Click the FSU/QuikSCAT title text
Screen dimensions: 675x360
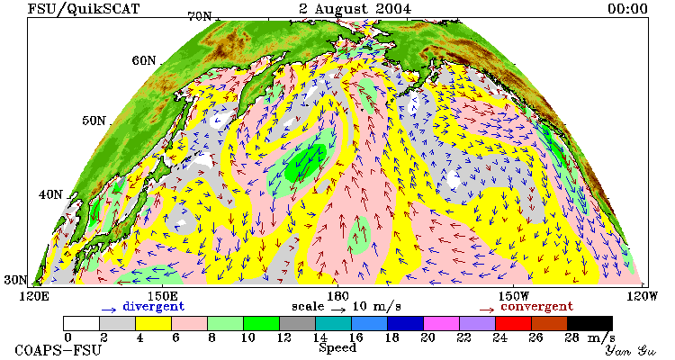coord(84,9)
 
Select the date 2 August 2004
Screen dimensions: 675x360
coord(355,9)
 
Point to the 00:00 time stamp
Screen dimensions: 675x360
coord(627,9)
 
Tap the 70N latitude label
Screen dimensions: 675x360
coord(200,16)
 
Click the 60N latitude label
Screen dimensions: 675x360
coord(144,60)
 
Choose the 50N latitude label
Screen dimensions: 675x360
coord(94,120)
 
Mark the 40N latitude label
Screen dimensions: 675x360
coord(50,194)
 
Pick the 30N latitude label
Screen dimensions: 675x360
coord(16,280)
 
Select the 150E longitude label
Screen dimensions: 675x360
coord(162,296)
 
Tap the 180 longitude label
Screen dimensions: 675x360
coord(337,296)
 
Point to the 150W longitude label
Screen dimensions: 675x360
coord(513,296)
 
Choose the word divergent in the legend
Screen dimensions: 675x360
coord(154,307)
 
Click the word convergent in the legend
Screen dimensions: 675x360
coord(536,307)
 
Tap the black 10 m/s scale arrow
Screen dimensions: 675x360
coord(337,310)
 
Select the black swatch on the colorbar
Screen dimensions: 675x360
coord(589,323)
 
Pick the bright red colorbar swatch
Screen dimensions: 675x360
coord(513,323)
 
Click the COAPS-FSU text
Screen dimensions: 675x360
coord(58,350)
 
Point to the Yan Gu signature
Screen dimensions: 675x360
coord(630,350)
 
